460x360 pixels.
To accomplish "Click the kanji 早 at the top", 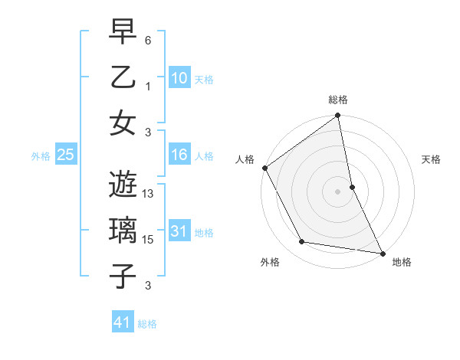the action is [122, 31].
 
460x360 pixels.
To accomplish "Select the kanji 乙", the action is [122, 77].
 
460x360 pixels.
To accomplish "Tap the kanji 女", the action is [122, 122].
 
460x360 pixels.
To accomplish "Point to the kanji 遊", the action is [122, 185].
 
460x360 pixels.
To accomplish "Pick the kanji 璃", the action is [122, 230].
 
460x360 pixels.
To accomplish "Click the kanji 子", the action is [122, 275].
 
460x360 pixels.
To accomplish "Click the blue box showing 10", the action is [179, 77].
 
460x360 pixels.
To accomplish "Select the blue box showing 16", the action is [179, 155].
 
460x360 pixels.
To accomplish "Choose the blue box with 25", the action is [66, 155].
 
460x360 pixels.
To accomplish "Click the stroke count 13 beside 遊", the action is [149, 195].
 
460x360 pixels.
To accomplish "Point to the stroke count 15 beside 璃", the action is [149, 241].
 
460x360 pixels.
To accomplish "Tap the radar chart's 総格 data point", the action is [338, 116].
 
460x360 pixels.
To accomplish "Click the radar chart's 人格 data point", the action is [264, 168].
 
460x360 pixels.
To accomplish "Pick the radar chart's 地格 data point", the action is [382, 253].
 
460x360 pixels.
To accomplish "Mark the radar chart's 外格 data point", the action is [302, 242].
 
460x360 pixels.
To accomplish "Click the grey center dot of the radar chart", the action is [338, 191].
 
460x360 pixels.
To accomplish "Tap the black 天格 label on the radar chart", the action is [432, 159].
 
